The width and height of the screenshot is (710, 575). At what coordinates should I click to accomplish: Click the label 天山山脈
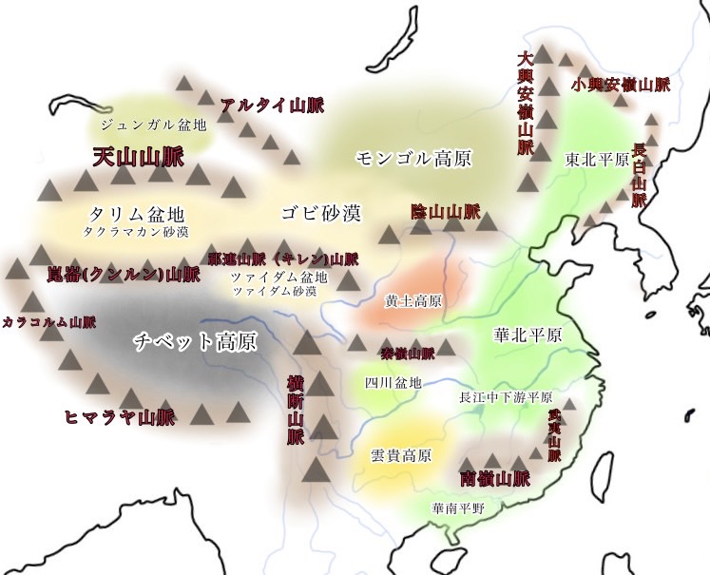pos(138,157)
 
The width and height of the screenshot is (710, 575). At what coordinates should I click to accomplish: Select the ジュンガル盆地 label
pos(152,125)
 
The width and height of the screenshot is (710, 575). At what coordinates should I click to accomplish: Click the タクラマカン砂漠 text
pos(135,231)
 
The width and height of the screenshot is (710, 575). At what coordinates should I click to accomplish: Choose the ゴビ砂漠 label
pos(320,212)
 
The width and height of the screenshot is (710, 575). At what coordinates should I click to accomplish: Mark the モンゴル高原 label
pos(413,157)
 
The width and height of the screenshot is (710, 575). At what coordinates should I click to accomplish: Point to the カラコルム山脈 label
pos(48,321)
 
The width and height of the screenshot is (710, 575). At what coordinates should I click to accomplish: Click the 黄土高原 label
pos(413,300)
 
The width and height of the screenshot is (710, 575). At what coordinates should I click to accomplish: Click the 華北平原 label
pos(528,335)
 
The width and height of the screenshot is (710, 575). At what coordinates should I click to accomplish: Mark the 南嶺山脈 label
pos(493,478)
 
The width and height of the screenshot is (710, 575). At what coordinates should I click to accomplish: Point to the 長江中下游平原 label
pos(506,397)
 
